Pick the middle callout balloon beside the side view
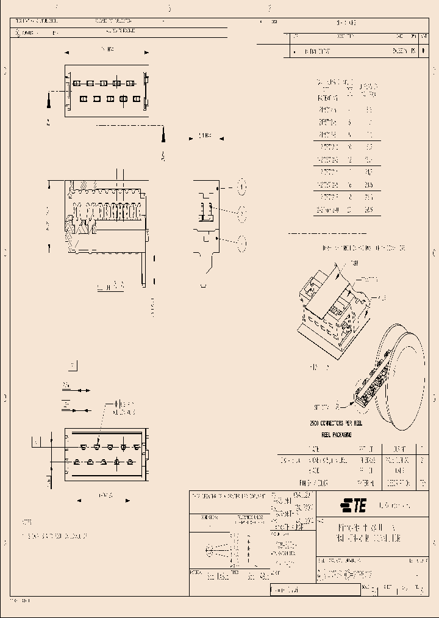pyautogui.click(x=241, y=214)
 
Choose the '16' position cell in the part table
pyautogui.click(x=350, y=184)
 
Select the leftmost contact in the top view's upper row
pyautogui.click(x=76, y=82)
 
